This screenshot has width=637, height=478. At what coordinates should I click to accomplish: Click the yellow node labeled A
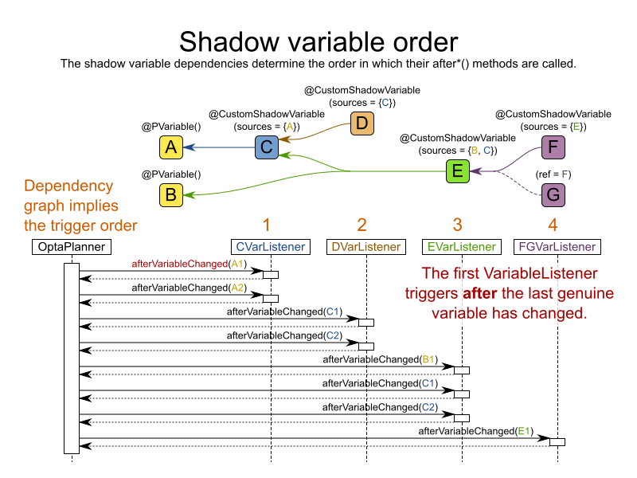point(170,147)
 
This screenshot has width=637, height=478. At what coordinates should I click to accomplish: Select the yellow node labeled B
point(170,194)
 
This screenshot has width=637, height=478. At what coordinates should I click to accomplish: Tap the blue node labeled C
point(267,147)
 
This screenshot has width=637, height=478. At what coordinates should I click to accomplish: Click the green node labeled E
point(457,170)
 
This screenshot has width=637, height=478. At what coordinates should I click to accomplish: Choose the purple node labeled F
point(553,147)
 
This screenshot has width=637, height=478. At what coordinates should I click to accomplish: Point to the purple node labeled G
point(553,194)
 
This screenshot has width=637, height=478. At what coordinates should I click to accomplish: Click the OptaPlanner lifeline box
point(71,247)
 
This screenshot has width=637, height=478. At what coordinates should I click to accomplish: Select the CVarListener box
point(271,247)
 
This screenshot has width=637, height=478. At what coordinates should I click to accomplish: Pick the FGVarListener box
point(557,247)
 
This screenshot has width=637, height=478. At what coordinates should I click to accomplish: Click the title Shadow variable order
point(318,41)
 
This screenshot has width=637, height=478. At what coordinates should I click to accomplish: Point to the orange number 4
point(553,224)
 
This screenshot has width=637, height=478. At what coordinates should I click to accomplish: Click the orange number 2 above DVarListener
point(362,224)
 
